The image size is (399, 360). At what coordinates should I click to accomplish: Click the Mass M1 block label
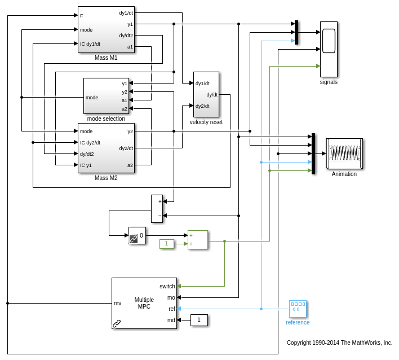pyautogui.click(x=106, y=58)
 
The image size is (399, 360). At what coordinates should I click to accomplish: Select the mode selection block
pyautogui.click(x=106, y=96)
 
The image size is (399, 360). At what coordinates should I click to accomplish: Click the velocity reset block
pyautogui.click(x=206, y=94)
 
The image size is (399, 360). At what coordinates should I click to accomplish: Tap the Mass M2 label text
pyautogui.click(x=106, y=178)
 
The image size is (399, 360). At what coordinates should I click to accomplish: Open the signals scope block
pyautogui.click(x=329, y=49)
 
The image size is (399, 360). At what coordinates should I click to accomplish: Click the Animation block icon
pyautogui.click(x=344, y=153)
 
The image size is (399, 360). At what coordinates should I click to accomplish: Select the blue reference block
pyautogui.click(x=298, y=309)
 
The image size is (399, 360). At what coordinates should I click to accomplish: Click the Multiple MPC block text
pyautogui.click(x=144, y=303)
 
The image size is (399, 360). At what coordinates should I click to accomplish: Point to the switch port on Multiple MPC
pyautogui.click(x=167, y=286)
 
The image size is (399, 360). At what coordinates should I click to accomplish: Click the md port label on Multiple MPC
pyautogui.click(x=171, y=320)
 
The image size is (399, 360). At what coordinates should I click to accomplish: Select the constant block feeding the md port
pyautogui.click(x=199, y=320)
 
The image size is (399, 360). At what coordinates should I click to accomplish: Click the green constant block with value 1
pyautogui.click(x=167, y=244)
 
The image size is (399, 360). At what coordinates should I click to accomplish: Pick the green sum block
pyautogui.click(x=198, y=240)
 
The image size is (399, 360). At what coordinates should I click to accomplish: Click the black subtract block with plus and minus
pyautogui.click(x=157, y=209)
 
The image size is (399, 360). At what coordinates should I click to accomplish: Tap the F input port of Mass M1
pyautogui.click(x=82, y=15)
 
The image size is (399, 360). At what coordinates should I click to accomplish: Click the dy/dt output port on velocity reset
pyautogui.click(x=212, y=94)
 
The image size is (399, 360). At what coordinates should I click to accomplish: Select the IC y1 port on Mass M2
pyautogui.click(x=86, y=165)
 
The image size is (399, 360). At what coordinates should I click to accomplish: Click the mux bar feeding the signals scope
pyautogui.click(x=296, y=32)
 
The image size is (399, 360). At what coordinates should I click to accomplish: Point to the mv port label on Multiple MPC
pyautogui.click(x=117, y=303)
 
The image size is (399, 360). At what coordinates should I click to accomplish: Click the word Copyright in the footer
pyautogui.click(x=299, y=343)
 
